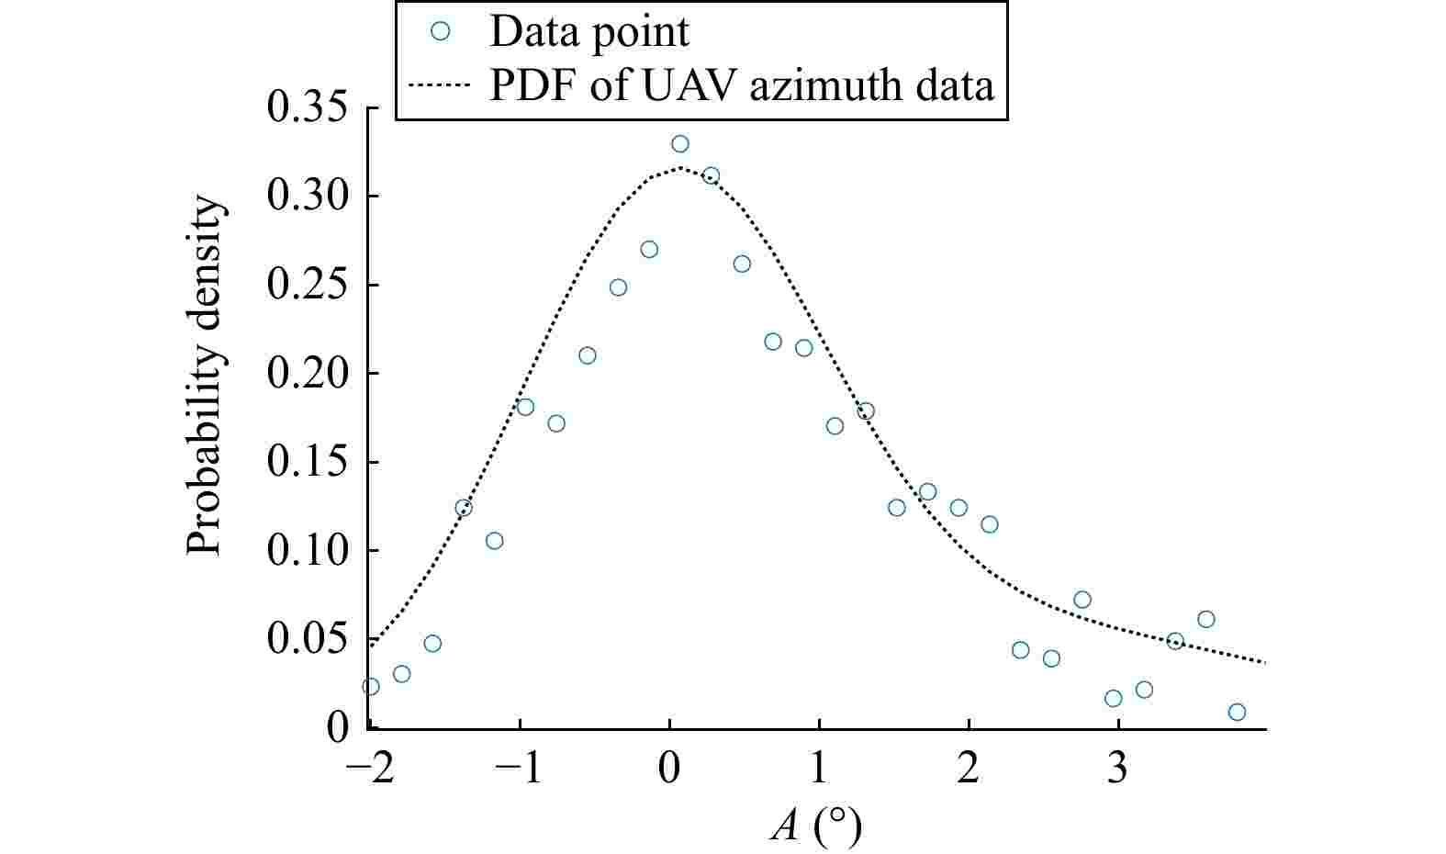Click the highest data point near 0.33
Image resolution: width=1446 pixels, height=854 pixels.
click(x=679, y=144)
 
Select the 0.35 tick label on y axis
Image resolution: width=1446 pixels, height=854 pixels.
click(x=307, y=108)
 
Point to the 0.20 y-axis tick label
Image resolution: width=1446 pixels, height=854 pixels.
click(x=307, y=374)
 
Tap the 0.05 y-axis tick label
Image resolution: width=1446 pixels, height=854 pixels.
click(x=307, y=639)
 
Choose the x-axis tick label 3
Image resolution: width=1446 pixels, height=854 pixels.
click(x=1116, y=770)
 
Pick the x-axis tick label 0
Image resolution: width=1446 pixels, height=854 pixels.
click(x=669, y=770)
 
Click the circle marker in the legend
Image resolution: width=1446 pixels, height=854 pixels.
click(x=440, y=31)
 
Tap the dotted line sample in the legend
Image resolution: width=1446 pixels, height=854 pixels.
click(x=439, y=85)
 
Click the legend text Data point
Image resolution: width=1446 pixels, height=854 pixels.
click(x=588, y=32)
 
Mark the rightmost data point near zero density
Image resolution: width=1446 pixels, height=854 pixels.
click(x=1237, y=713)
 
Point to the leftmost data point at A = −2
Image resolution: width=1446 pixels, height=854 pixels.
click(x=371, y=686)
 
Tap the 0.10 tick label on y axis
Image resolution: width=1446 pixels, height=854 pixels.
click(x=307, y=551)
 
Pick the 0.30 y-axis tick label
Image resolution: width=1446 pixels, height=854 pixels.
click(x=307, y=197)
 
